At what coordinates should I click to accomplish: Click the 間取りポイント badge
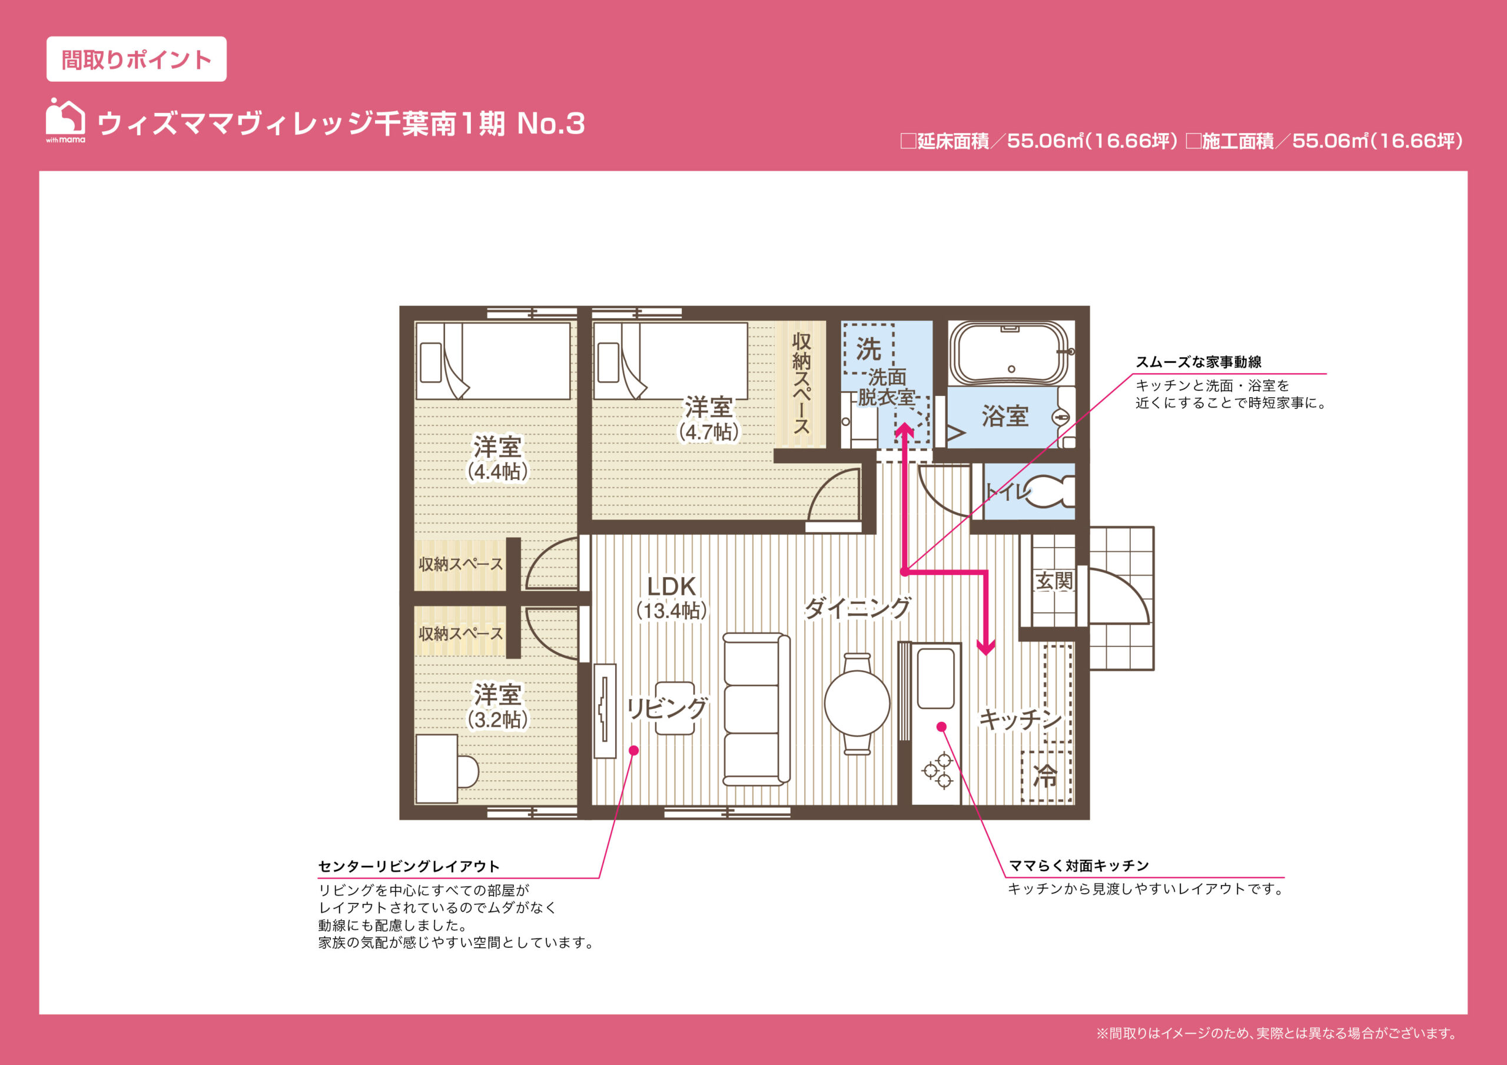point(137,59)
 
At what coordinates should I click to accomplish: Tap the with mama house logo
point(65,120)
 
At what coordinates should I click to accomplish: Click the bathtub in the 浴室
point(1011,354)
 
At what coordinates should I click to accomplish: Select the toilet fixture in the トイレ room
point(1050,492)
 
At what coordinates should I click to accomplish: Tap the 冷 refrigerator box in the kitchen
point(1046,776)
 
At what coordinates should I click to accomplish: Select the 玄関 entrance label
point(1054,581)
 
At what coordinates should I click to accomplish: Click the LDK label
point(671,586)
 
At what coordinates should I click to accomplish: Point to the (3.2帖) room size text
point(497,720)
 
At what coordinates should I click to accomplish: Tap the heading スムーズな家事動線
point(1199,361)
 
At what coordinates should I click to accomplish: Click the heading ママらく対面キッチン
point(1079,866)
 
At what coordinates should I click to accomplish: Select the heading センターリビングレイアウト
point(409,866)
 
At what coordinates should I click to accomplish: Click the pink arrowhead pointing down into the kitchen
point(986,648)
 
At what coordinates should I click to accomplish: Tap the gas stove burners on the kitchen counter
point(938,770)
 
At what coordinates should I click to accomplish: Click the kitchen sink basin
point(935,678)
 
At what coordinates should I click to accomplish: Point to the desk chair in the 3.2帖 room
point(467,771)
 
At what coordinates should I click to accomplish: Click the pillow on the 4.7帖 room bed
point(609,363)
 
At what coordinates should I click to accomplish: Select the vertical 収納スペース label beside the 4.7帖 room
point(801,383)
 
